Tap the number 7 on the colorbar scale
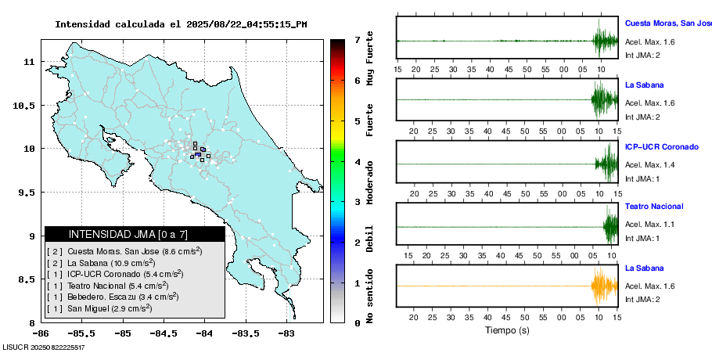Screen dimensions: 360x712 [357, 39]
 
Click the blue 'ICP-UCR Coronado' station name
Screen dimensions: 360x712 [661, 146]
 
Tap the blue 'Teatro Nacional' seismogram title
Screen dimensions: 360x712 [654, 207]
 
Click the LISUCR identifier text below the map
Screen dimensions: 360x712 [44, 347]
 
